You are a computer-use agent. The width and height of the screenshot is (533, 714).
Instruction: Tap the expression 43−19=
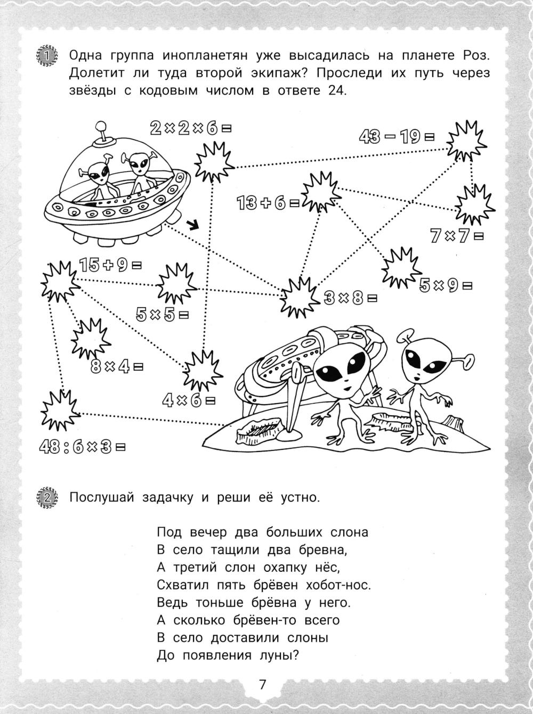pos(397,137)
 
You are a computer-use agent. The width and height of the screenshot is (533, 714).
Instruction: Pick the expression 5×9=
pos(446,286)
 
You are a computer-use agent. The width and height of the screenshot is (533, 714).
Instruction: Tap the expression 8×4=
pos(118,367)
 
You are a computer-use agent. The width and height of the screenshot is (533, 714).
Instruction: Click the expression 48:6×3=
pos(83,447)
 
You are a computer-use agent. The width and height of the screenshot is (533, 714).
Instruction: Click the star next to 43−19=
pos(466,139)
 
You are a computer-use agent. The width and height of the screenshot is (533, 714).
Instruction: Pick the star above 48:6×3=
pos(60,411)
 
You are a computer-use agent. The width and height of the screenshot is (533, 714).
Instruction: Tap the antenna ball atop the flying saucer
pos(100,127)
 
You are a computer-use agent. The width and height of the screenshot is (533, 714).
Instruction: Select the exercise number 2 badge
pos(47,498)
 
